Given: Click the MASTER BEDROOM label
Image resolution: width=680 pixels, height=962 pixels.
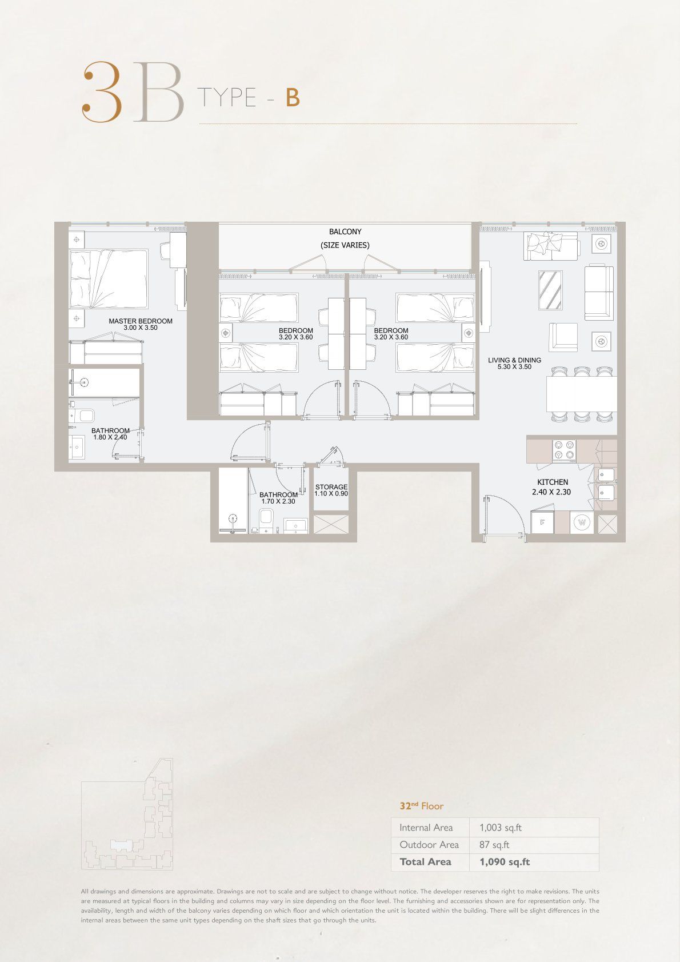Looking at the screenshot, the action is click(x=141, y=321).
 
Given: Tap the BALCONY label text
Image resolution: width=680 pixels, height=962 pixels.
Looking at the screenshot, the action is click(x=345, y=232).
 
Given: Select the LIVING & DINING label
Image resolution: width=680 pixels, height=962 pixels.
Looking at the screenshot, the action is click(x=514, y=360).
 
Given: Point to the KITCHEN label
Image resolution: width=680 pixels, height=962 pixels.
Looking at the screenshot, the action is click(x=553, y=482).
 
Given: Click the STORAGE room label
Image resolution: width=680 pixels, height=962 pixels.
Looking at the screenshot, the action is click(x=331, y=487).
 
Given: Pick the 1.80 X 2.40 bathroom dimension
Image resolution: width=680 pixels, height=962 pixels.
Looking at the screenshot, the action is click(x=110, y=438).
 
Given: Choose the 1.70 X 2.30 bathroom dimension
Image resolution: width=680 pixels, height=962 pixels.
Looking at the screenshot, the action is click(x=278, y=501).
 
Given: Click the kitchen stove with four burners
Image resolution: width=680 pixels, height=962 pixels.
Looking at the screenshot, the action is click(x=564, y=450).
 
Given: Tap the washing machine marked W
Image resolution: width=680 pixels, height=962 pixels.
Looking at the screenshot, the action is click(x=582, y=522).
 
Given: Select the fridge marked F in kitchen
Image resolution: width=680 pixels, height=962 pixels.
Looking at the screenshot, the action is click(x=543, y=522).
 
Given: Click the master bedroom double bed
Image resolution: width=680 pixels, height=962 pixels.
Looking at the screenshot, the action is click(x=109, y=278).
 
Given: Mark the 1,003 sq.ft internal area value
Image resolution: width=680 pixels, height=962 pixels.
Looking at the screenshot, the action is click(x=501, y=828).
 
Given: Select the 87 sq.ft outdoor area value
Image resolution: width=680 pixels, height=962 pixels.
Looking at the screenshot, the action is click(x=494, y=845).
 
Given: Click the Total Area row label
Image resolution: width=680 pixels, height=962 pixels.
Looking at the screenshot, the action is click(x=425, y=862).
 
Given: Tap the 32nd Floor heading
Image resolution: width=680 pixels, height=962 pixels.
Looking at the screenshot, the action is click(x=422, y=806).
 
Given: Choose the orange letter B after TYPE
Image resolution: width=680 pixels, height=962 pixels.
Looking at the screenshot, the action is click(x=293, y=98).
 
